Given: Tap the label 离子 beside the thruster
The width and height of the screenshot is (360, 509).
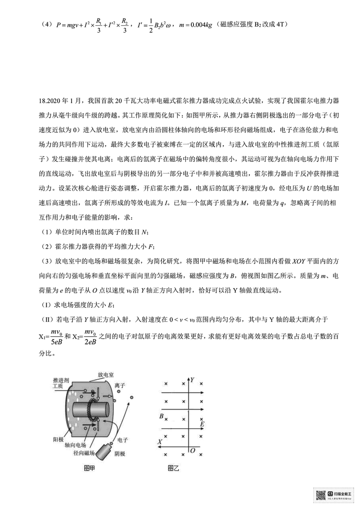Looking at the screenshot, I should click(x=120, y=386).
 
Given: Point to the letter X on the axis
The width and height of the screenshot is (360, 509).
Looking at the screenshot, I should click(x=160, y=442).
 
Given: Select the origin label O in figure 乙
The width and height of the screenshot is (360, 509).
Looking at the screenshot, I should click(x=193, y=450).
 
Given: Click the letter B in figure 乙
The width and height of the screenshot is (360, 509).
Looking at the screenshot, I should click(x=161, y=417).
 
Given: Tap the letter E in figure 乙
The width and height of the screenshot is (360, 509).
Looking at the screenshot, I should click(x=202, y=424).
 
